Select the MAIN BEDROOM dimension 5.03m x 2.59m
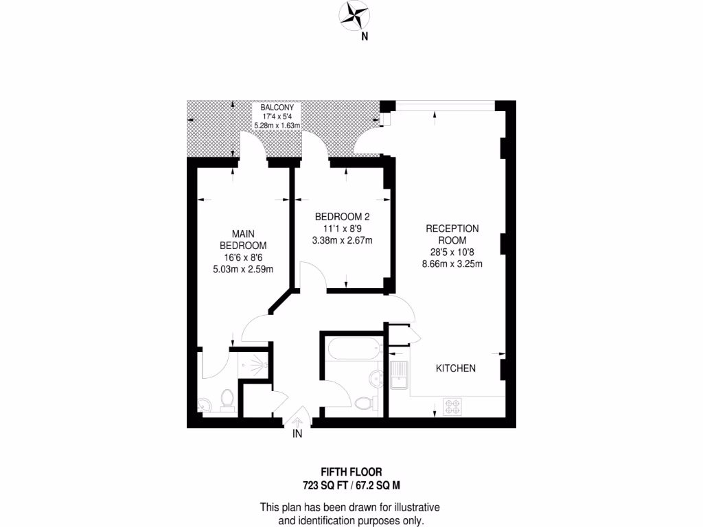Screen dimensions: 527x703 coord(244,269)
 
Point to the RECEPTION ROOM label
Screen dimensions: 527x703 coord(452,234)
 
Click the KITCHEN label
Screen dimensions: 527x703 coord(456,368)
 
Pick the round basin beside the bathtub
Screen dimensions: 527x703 coord(376,377)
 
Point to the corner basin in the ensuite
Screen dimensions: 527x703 coord(205,404)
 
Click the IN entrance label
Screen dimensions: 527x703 coord(297,434)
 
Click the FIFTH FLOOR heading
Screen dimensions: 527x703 coord(351,472)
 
